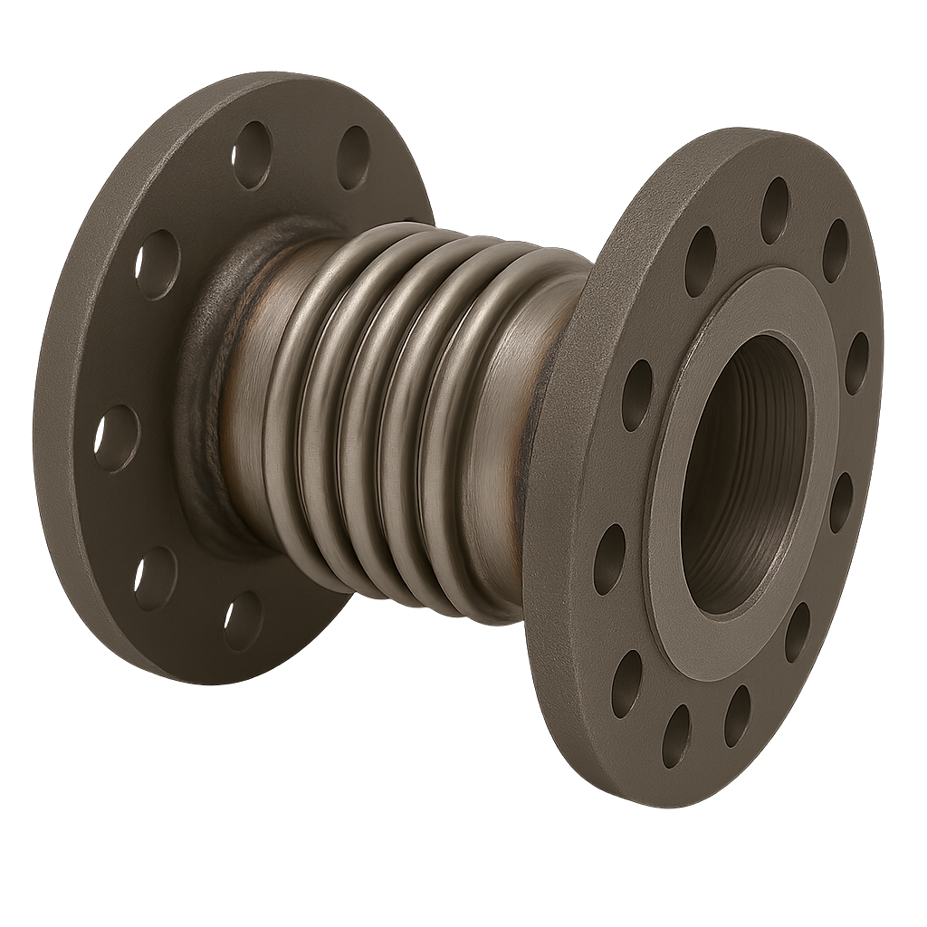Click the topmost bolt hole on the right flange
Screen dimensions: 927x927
pos(775,210)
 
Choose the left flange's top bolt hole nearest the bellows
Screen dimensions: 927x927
pos(354,157)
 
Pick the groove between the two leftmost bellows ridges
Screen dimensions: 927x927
pos(312,407)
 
